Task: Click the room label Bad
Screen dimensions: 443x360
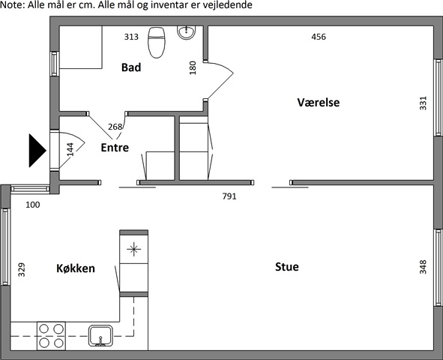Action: pyautogui.click(x=131, y=67)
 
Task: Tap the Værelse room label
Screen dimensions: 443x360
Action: pyautogui.click(x=319, y=102)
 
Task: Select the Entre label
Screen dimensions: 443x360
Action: pyautogui.click(x=115, y=148)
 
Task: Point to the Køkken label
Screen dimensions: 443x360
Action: pyautogui.click(x=76, y=268)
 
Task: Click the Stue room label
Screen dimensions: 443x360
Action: pyautogui.click(x=287, y=267)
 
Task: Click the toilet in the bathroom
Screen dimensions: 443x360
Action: pyautogui.click(x=157, y=43)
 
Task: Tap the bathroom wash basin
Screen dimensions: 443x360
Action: pyautogui.click(x=187, y=32)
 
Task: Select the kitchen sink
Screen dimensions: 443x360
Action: pyautogui.click(x=100, y=336)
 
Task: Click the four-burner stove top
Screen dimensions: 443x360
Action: pyautogui.click(x=51, y=336)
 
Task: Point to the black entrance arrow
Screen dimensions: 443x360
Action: pyautogui.click(x=37, y=151)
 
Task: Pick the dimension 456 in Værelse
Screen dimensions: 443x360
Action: pyautogui.click(x=319, y=37)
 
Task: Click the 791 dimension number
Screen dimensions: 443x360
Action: pyautogui.click(x=229, y=196)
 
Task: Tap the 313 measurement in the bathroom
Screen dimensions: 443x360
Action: pyautogui.click(x=131, y=37)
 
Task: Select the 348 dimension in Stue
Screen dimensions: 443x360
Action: pyautogui.click(x=423, y=267)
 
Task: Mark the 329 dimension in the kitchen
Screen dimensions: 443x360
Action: pyautogui.click(x=22, y=270)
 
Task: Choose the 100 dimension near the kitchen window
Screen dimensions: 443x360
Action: pyautogui.click(x=33, y=205)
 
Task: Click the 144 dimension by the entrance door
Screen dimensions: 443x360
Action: pyautogui.click(x=70, y=149)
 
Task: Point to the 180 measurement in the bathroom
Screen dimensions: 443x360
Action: pyautogui.click(x=193, y=67)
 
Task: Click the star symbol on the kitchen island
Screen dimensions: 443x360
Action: pyautogui.click(x=133, y=249)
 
